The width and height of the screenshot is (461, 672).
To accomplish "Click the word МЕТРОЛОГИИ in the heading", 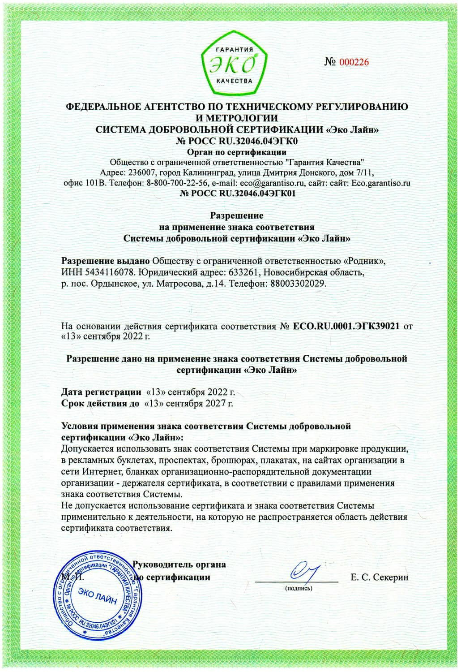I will tap(237, 118).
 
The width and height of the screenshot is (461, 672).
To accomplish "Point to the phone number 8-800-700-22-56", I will tap(177, 183).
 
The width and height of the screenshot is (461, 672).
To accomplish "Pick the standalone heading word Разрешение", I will tap(237, 216).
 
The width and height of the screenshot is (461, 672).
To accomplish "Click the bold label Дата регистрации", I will tap(101, 392).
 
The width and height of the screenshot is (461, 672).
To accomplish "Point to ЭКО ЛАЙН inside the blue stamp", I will tap(96, 597).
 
